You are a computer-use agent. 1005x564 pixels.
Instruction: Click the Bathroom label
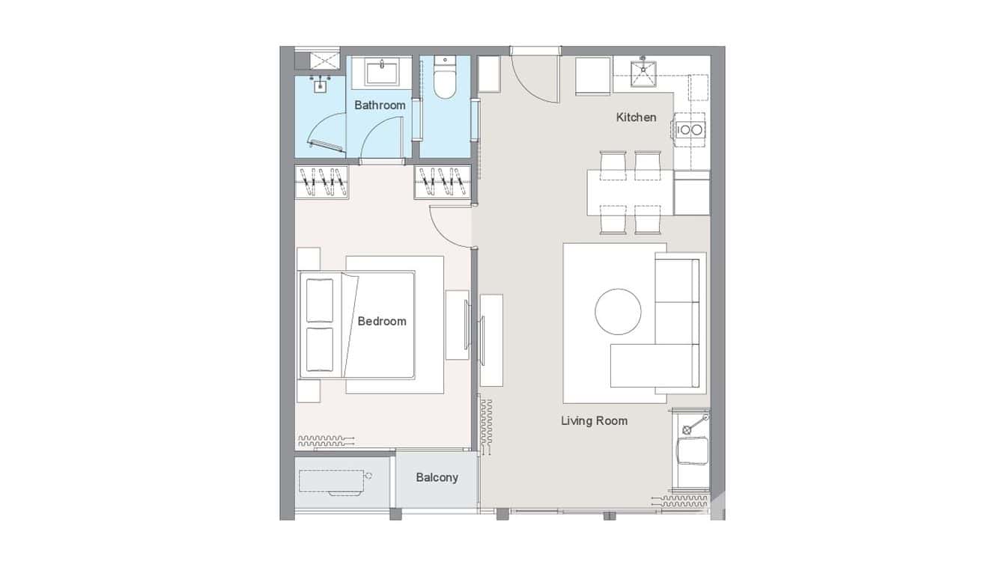pos(380,105)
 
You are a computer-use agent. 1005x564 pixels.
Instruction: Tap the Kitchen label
pos(636,117)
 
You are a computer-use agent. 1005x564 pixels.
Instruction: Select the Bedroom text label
pos(382,322)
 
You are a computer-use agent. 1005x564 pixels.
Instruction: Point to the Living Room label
pos(594,421)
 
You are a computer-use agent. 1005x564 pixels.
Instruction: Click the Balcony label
pos(437,477)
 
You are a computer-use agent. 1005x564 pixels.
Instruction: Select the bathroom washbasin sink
pos(382,73)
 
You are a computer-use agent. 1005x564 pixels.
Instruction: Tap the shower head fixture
pos(321,84)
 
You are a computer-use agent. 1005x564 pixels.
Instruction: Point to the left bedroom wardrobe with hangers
pos(324,183)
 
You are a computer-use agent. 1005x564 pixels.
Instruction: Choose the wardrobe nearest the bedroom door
pos(442,183)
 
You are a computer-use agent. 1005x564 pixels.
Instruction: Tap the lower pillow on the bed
pos(320,349)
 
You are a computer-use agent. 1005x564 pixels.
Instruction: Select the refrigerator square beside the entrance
pos(593,76)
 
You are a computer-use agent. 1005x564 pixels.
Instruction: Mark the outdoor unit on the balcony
pos(333,481)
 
